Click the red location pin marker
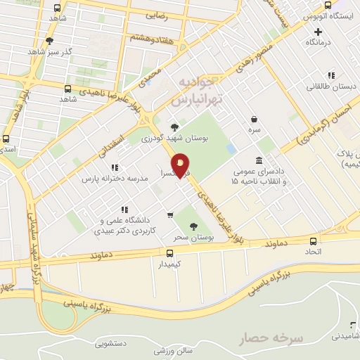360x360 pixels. click(x=180, y=166)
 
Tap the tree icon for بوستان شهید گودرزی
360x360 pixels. click(x=174, y=127)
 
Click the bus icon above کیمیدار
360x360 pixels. click(x=169, y=253)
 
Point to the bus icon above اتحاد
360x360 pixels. click(x=311, y=240)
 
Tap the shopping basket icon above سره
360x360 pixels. click(x=254, y=119)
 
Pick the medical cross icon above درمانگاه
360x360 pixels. click(x=319, y=32)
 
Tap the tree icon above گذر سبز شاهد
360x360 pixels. click(x=49, y=41)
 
